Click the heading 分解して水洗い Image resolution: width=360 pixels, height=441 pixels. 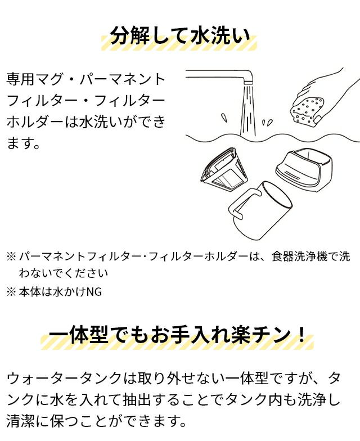(180, 36)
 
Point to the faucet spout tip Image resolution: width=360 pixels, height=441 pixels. (249, 81)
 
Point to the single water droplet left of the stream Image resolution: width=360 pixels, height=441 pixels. (224, 117)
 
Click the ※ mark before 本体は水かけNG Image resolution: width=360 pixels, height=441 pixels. (11, 292)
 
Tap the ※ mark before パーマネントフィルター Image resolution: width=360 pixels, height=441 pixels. (11, 256)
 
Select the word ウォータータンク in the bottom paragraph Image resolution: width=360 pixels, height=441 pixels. (64, 379)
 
